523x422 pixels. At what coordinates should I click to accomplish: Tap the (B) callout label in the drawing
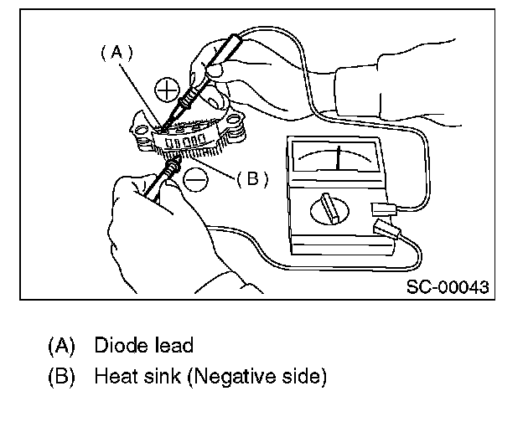tap(251, 178)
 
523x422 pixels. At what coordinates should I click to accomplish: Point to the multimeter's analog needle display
tap(334, 157)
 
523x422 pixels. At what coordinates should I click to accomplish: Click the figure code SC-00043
tap(448, 286)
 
